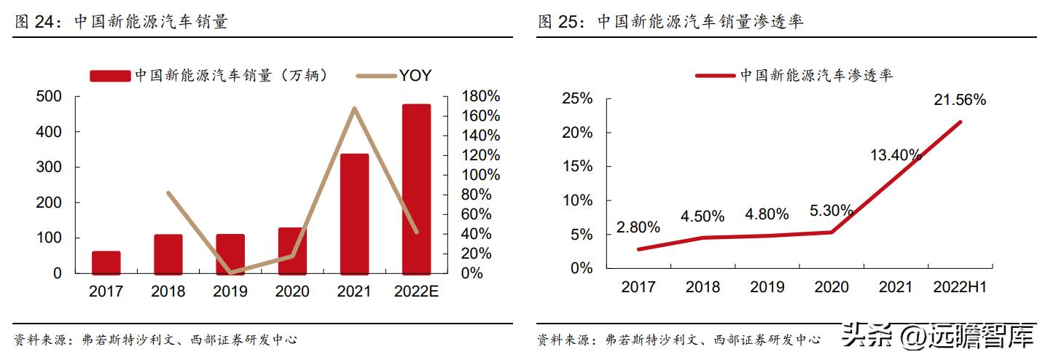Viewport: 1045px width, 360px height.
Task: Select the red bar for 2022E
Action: (416, 189)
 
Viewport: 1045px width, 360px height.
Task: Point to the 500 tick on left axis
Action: (49, 97)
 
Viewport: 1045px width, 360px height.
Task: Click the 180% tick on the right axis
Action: (482, 97)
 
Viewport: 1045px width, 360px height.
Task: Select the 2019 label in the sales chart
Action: (230, 292)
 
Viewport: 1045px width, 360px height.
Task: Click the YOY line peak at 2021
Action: (354, 109)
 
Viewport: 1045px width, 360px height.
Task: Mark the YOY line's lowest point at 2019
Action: (230, 273)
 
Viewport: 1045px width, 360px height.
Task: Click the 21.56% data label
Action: (960, 100)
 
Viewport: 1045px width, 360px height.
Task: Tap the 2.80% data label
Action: (638, 227)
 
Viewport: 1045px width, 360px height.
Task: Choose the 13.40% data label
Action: (896, 154)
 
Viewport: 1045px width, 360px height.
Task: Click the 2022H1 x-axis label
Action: (960, 287)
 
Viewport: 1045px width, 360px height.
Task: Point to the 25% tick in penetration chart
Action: (577, 99)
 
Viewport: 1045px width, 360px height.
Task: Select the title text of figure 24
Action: (121, 22)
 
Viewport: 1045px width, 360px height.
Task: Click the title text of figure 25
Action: (670, 22)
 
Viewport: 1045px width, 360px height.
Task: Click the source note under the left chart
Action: (155, 340)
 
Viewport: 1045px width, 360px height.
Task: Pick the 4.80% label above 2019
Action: (767, 214)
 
